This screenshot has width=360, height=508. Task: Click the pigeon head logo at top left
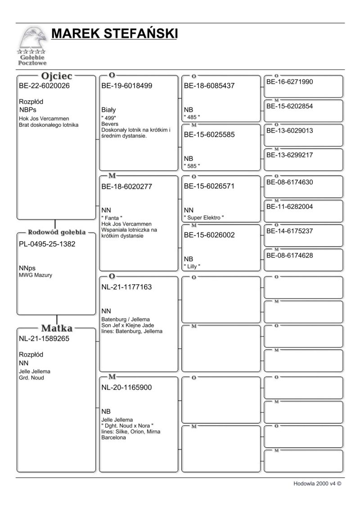pos(33,40)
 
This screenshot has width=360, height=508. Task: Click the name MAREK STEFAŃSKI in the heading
pos(114,34)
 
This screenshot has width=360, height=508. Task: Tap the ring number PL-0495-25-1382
pos(47,244)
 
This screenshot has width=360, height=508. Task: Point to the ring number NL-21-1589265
pos(44,339)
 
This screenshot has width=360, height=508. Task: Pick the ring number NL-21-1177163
pos(126,287)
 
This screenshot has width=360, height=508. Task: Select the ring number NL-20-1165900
pos(126,387)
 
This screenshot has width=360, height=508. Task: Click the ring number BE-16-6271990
pos(290,82)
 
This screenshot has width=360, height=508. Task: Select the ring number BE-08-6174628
pos(290,255)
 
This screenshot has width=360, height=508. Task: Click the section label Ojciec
pos(57,76)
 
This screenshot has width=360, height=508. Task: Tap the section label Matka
pos(57,328)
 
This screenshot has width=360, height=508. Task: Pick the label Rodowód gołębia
pos(57,232)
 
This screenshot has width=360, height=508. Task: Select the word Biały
pos(109,110)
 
